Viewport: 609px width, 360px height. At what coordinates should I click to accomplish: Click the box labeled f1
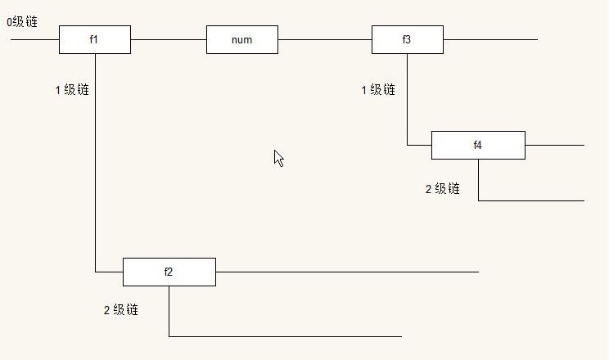pyautogui.click(x=94, y=39)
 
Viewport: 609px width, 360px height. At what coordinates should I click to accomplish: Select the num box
pyautogui.click(x=241, y=39)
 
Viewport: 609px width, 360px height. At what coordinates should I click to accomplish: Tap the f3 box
pyautogui.click(x=407, y=39)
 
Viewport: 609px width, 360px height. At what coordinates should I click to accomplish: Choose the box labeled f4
pyautogui.click(x=478, y=145)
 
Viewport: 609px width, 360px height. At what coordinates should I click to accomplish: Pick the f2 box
pyautogui.click(x=169, y=272)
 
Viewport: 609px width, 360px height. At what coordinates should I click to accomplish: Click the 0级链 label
pyautogui.click(x=22, y=22)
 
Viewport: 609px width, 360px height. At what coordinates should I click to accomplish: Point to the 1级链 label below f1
pyautogui.click(x=72, y=90)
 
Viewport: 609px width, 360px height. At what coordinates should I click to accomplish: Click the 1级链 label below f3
pyautogui.click(x=378, y=90)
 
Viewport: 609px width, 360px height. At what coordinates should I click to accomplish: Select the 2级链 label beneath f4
pyautogui.click(x=442, y=189)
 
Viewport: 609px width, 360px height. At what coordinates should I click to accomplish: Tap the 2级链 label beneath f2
pyautogui.click(x=120, y=310)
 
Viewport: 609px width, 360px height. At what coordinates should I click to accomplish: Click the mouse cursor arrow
pyautogui.click(x=278, y=157)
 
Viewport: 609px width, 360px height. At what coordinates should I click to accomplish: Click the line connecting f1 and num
pyautogui.click(x=168, y=39)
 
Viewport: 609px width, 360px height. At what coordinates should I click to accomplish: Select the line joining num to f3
pyautogui.click(x=324, y=39)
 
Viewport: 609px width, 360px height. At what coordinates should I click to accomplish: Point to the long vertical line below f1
pyautogui.click(x=96, y=164)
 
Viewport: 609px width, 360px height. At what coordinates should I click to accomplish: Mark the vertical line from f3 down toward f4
pyautogui.click(x=407, y=98)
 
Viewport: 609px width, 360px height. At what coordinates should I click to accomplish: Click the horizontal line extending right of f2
pyautogui.click(x=344, y=271)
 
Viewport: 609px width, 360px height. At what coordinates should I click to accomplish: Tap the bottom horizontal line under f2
pyautogui.click(x=286, y=336)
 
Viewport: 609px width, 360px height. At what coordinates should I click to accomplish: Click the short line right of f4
pyautogui.click(x=554, y=145)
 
